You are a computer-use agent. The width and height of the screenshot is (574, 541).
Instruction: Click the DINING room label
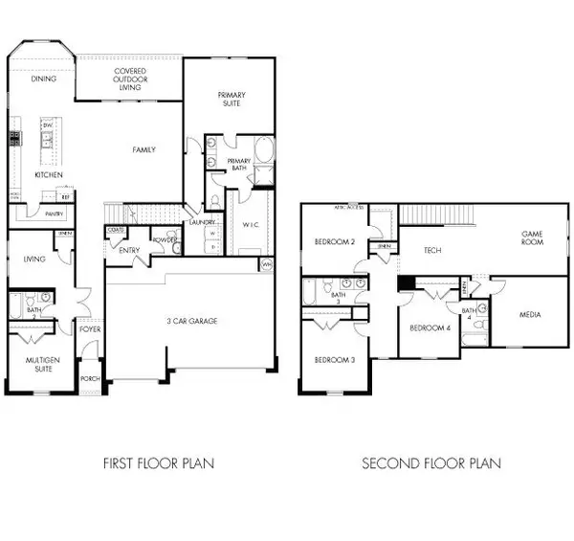[x=44, y=79]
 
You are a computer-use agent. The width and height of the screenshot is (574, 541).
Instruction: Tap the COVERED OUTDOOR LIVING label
[x=130, y=79]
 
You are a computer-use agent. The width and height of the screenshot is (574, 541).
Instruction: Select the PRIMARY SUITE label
[x=231, y=99]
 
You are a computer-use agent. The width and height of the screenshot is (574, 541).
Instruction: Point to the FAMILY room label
[x=144, y=149]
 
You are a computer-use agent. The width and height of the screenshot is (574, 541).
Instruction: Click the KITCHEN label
[x=49, y=176]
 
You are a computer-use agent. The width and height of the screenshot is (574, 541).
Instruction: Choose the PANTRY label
[x=54, y=214]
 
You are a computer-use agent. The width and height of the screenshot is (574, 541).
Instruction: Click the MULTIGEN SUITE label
[x=43, y=364]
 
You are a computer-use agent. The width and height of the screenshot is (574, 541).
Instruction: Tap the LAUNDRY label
[x=200, y=222]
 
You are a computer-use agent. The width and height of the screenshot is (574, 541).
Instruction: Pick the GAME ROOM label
[x=532, y=237]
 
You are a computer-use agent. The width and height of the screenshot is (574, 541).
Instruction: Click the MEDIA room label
[x=531, y=314]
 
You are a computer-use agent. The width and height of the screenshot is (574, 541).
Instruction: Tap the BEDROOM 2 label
[x=335, y=242]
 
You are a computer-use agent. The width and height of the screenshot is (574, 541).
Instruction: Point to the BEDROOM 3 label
[x=335, y=360]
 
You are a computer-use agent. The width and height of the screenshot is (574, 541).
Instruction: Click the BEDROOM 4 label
[x=430, y=328]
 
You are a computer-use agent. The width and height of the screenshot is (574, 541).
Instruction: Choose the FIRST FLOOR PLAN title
[x=159, y=463]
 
